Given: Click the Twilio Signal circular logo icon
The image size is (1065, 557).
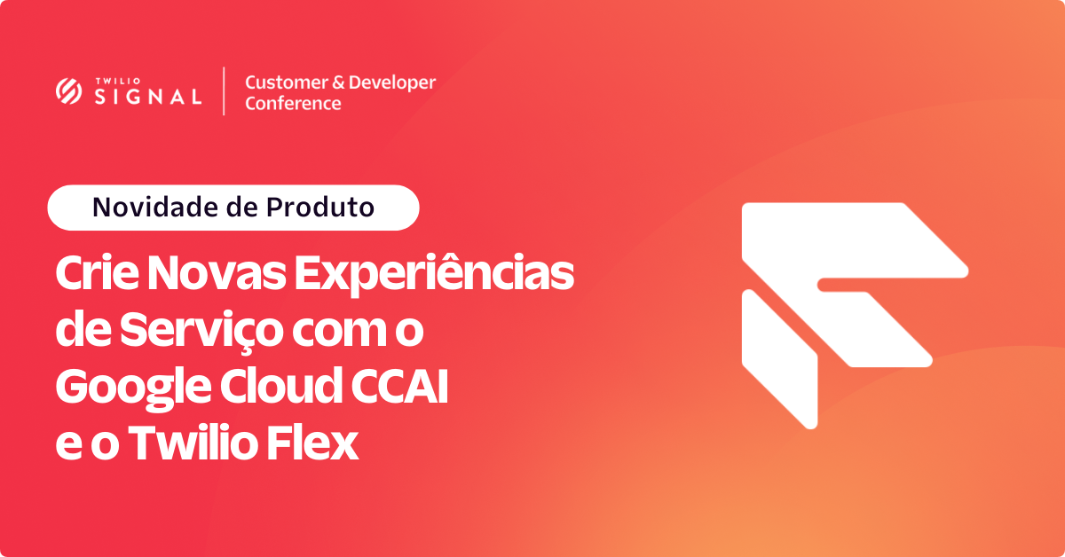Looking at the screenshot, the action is (x=68, y=90).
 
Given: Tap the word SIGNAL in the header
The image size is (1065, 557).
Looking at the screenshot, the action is (x=148, y=97).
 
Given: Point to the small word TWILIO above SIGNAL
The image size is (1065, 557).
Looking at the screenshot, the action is (x=118, y=82).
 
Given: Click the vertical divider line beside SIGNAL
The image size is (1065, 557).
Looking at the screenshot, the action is (x=224, y=90).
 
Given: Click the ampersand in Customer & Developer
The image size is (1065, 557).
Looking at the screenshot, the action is (x=338, y=82).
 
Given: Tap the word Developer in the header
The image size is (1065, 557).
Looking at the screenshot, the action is (x=391, y=83).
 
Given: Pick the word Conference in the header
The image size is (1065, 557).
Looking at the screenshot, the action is (x=293, y=103).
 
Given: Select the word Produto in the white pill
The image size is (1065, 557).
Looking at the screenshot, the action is (x=320, y=208).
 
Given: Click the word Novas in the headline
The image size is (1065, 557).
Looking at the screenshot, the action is (x=217, y=273).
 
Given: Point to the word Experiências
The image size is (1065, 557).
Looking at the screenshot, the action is (x=434, y=275).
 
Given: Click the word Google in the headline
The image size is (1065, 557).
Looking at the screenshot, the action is (x=133, y=388).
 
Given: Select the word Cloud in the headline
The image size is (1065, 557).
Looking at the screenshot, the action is (x=281, y=386).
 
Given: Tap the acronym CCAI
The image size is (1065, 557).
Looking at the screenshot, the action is (x=399, y=386).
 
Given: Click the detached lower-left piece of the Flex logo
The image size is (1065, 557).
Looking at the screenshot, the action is (x=780, y=359).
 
